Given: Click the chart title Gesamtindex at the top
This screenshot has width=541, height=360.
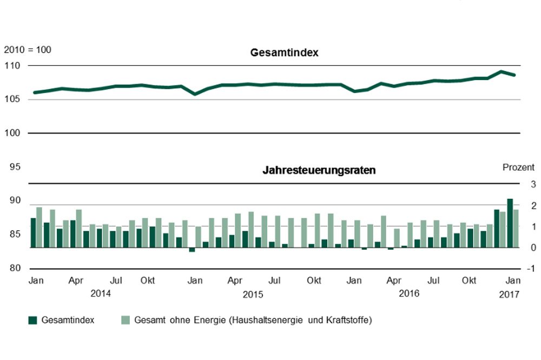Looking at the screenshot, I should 285,53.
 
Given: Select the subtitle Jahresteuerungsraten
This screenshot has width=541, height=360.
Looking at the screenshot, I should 319,170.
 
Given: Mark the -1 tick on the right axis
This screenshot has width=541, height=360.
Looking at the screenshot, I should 531,269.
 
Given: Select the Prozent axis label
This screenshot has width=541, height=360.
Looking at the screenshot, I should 518,168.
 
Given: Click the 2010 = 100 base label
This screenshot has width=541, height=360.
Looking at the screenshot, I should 28,50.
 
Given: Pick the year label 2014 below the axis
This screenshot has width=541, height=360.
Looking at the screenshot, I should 101,294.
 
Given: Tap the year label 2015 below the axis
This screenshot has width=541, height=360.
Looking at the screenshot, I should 253,295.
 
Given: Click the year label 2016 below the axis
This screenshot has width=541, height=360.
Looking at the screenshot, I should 409,294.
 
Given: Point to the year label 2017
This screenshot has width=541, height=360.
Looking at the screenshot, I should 509,295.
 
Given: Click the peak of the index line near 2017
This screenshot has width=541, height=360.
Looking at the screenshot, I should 502,71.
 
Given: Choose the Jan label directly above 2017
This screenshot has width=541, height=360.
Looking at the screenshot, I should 513,281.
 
